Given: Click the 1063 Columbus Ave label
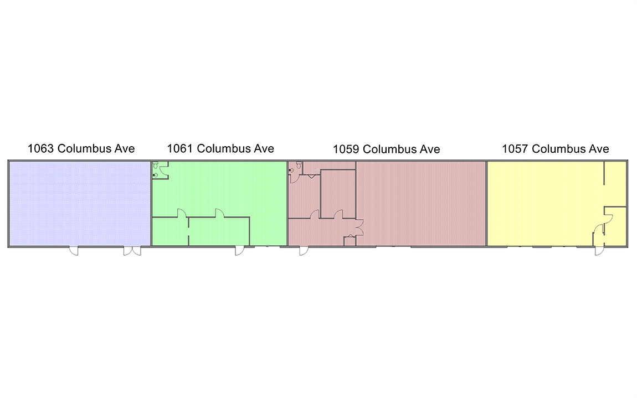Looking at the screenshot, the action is tap(81, 148).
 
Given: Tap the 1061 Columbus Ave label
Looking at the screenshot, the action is tap(220, 148).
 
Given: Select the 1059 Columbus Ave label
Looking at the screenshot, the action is tap(386, 149).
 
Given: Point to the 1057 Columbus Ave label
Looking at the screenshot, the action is tap(556, 149).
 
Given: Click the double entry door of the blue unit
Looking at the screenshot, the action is tap(132, 251).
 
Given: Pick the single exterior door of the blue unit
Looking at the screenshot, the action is tap(74, 251).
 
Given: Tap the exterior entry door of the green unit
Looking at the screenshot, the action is tap(240, 251).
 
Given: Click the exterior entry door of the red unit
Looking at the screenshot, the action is tap(304, 251).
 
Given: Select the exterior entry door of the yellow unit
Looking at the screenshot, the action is tap(599, 251).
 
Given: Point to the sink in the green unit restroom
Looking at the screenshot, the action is tap(155, 175).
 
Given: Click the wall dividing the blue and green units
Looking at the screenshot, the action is tap(151, 204).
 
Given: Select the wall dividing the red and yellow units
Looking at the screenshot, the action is tap(487, 204).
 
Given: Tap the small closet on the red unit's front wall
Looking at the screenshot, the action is tap(350, 241).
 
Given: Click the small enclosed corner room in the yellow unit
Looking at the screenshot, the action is tap(615, 226).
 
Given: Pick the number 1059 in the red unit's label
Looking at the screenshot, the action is tap(346, 149).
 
